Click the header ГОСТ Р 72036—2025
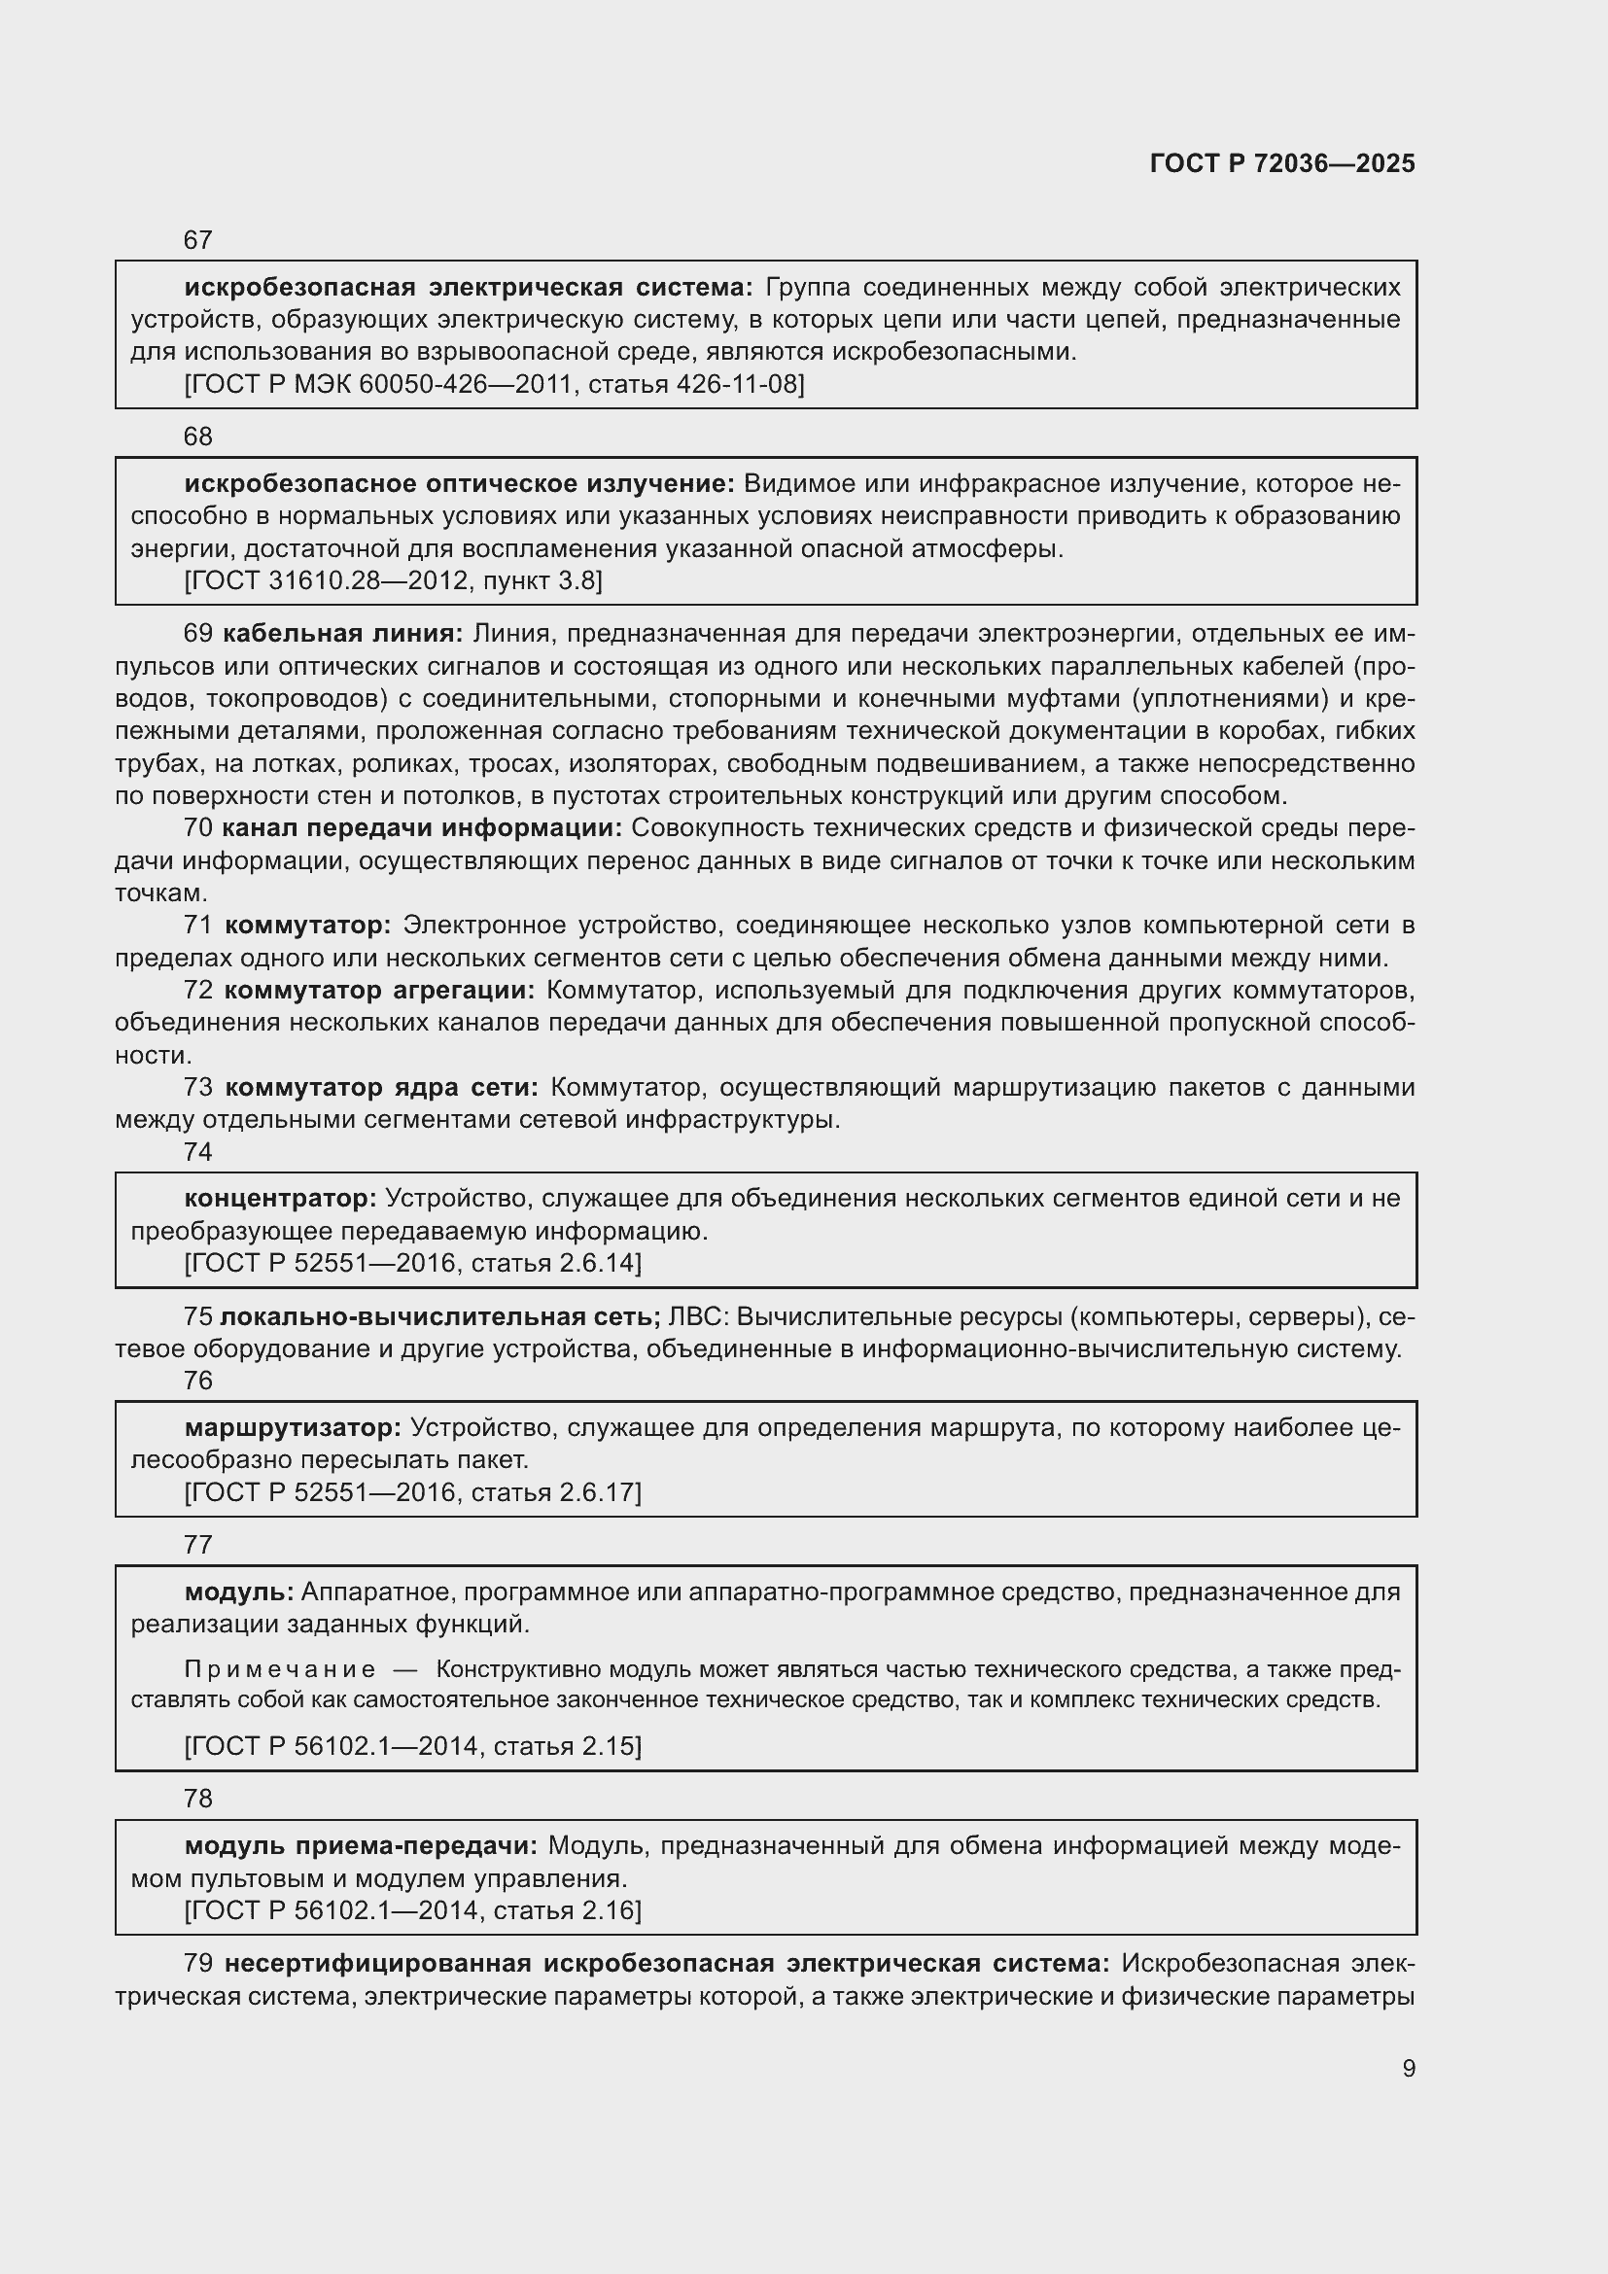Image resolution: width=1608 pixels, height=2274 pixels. point(1282,164)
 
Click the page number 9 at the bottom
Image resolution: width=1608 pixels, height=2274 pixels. point(1408,2068)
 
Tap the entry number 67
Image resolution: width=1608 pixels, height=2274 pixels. point(198,240)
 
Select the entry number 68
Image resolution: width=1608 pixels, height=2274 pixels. point(198,437)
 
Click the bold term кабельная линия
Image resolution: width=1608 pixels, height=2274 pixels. point(342,634)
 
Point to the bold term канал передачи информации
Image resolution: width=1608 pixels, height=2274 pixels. point(422,828)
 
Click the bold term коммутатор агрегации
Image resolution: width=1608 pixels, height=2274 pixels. point(379,991)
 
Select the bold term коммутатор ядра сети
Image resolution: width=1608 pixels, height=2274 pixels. point(381,1088)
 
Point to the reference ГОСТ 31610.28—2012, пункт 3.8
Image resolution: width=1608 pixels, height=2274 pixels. point(393,580)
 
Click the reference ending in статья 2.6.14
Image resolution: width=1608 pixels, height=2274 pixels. point(413,1263)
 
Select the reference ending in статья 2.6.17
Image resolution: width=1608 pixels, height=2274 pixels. point(413,1491)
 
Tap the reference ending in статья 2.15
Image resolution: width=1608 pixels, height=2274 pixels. point(413,1746)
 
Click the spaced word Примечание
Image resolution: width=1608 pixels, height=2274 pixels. point(280,1670)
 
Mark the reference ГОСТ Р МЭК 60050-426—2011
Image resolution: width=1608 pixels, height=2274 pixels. point(494,384)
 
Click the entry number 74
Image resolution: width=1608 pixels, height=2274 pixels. point(198,1152)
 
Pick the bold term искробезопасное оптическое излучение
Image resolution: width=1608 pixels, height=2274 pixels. point(460,484)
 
